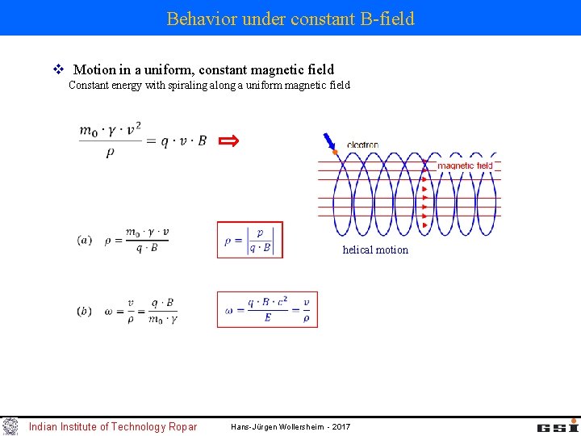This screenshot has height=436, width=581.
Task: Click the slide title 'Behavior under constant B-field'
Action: tap(290, 19)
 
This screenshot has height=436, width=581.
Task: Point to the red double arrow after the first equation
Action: tap(230, 141)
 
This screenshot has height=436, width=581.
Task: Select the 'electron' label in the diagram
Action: tap(362, 145)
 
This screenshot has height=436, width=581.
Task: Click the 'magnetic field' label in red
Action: tap(465, 166)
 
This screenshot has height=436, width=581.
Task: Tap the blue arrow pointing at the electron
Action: tap(328, 141)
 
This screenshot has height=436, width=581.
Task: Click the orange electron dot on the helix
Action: tap(335, 152)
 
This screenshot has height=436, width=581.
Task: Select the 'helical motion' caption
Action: tap(375, 249)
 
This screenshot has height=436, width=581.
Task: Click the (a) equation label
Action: tap(85, 240)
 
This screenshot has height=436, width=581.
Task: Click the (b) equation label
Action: tap(85, 311)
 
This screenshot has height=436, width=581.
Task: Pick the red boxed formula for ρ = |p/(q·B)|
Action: tap(250, 240)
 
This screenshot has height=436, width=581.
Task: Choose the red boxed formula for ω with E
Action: tap(267, 309)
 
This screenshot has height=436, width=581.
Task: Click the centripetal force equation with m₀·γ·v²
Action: tap(143, 140)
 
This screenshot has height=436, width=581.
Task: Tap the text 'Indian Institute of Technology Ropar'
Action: tap(113, 426)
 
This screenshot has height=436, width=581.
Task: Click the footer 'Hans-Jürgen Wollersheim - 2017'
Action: tap(290, 426)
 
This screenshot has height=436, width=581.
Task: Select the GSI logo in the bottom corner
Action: tap(558, 426)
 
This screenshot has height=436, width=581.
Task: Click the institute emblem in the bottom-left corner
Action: tap(10, 426)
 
